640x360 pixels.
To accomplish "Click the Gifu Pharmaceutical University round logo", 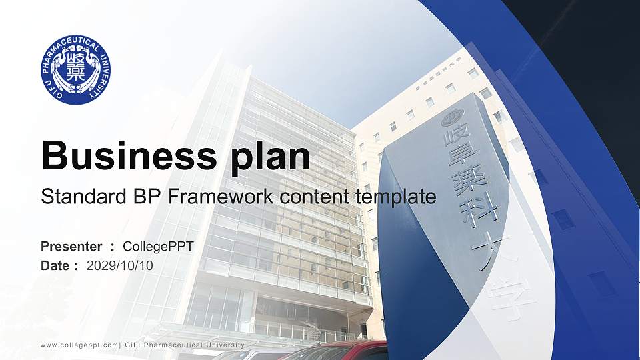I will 76,69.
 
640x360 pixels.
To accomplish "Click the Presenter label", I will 71,247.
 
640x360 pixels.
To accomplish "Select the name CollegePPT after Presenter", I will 158,247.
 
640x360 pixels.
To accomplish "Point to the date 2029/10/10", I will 120,265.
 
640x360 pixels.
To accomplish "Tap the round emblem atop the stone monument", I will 452,118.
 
